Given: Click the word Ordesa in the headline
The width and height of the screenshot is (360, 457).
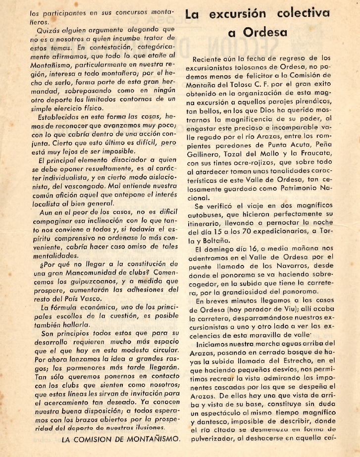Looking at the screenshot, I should [x=273, y=33].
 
